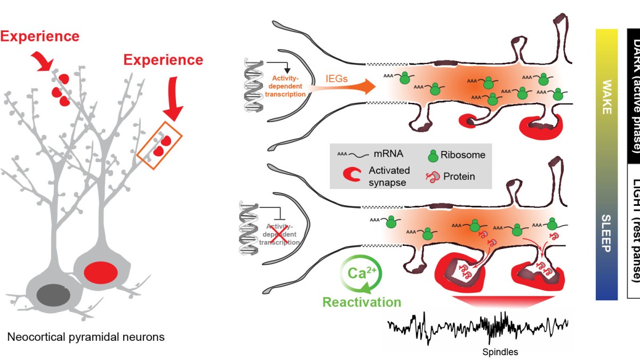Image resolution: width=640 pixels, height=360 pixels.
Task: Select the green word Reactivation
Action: tap(362, 302)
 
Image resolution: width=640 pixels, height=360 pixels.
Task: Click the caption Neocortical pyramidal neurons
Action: tap(86, 337)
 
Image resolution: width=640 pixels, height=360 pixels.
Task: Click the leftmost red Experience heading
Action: tap(39, 36)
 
